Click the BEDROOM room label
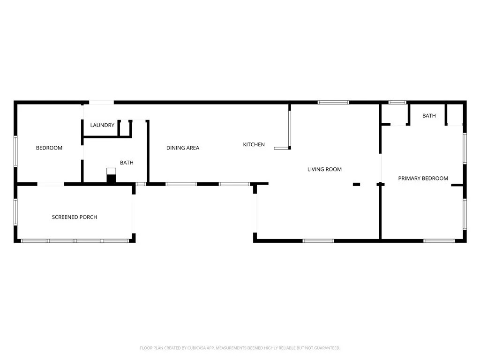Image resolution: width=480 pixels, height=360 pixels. point(49,148)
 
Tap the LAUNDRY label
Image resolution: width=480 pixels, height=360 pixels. point(102,125)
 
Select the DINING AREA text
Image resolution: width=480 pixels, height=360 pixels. point(183,148)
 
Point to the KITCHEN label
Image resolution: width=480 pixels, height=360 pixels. point(254,144)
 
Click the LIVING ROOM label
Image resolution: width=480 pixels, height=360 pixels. point(324,169)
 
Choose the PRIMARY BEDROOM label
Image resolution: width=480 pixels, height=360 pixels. point(423,179)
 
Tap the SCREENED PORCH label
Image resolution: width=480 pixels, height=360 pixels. point(75,217)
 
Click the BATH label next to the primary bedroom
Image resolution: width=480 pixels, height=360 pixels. point(429,116)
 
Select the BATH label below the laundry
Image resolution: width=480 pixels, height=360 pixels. point(127,163)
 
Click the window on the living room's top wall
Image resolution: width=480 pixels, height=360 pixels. point(333,103)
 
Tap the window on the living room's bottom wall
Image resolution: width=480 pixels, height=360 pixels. point(318,241)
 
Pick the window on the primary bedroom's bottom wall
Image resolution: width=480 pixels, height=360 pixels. point(439,241)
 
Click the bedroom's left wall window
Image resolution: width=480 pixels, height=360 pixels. point(15,151)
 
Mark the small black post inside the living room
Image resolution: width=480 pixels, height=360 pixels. point(356,184)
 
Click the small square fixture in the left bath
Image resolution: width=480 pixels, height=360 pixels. point(111,171)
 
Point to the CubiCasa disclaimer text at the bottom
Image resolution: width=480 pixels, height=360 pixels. point(240,348)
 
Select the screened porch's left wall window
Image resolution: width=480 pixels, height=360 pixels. point(15,212)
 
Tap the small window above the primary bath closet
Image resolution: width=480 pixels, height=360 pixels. point(397,103)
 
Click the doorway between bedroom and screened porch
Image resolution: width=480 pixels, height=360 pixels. point(51,184)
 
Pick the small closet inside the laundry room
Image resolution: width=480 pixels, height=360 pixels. point(125,128)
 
